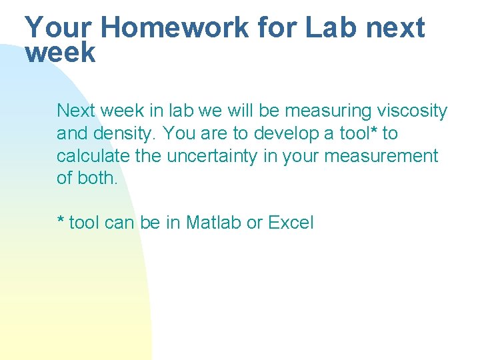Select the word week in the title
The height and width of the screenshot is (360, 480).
tap(60, 53)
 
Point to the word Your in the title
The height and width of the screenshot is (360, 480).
tap(58, 27)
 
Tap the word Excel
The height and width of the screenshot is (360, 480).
tap(291, 222)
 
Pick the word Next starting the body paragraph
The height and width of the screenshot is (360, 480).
tap(76, 111)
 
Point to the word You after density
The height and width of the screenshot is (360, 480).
tap(179, 133)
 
